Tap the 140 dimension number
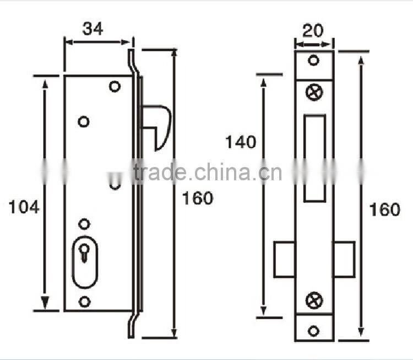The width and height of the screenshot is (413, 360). (240, 142)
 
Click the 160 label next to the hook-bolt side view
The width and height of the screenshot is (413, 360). (197, 198)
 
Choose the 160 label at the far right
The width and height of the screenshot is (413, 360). (384, 209)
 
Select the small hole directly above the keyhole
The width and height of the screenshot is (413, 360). (84, 223)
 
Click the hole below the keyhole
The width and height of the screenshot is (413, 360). (84, 302)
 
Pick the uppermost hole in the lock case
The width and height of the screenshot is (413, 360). (115, 87)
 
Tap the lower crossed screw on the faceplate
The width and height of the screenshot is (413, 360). (314, 300)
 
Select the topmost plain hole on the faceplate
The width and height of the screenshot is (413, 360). (313, 60)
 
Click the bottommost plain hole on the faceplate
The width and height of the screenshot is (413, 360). (313, 331)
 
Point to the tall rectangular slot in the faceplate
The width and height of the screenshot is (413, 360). (314, 158)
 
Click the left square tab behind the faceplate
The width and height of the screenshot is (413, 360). (284, 259)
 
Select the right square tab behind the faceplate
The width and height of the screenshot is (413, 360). (344, 259)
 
